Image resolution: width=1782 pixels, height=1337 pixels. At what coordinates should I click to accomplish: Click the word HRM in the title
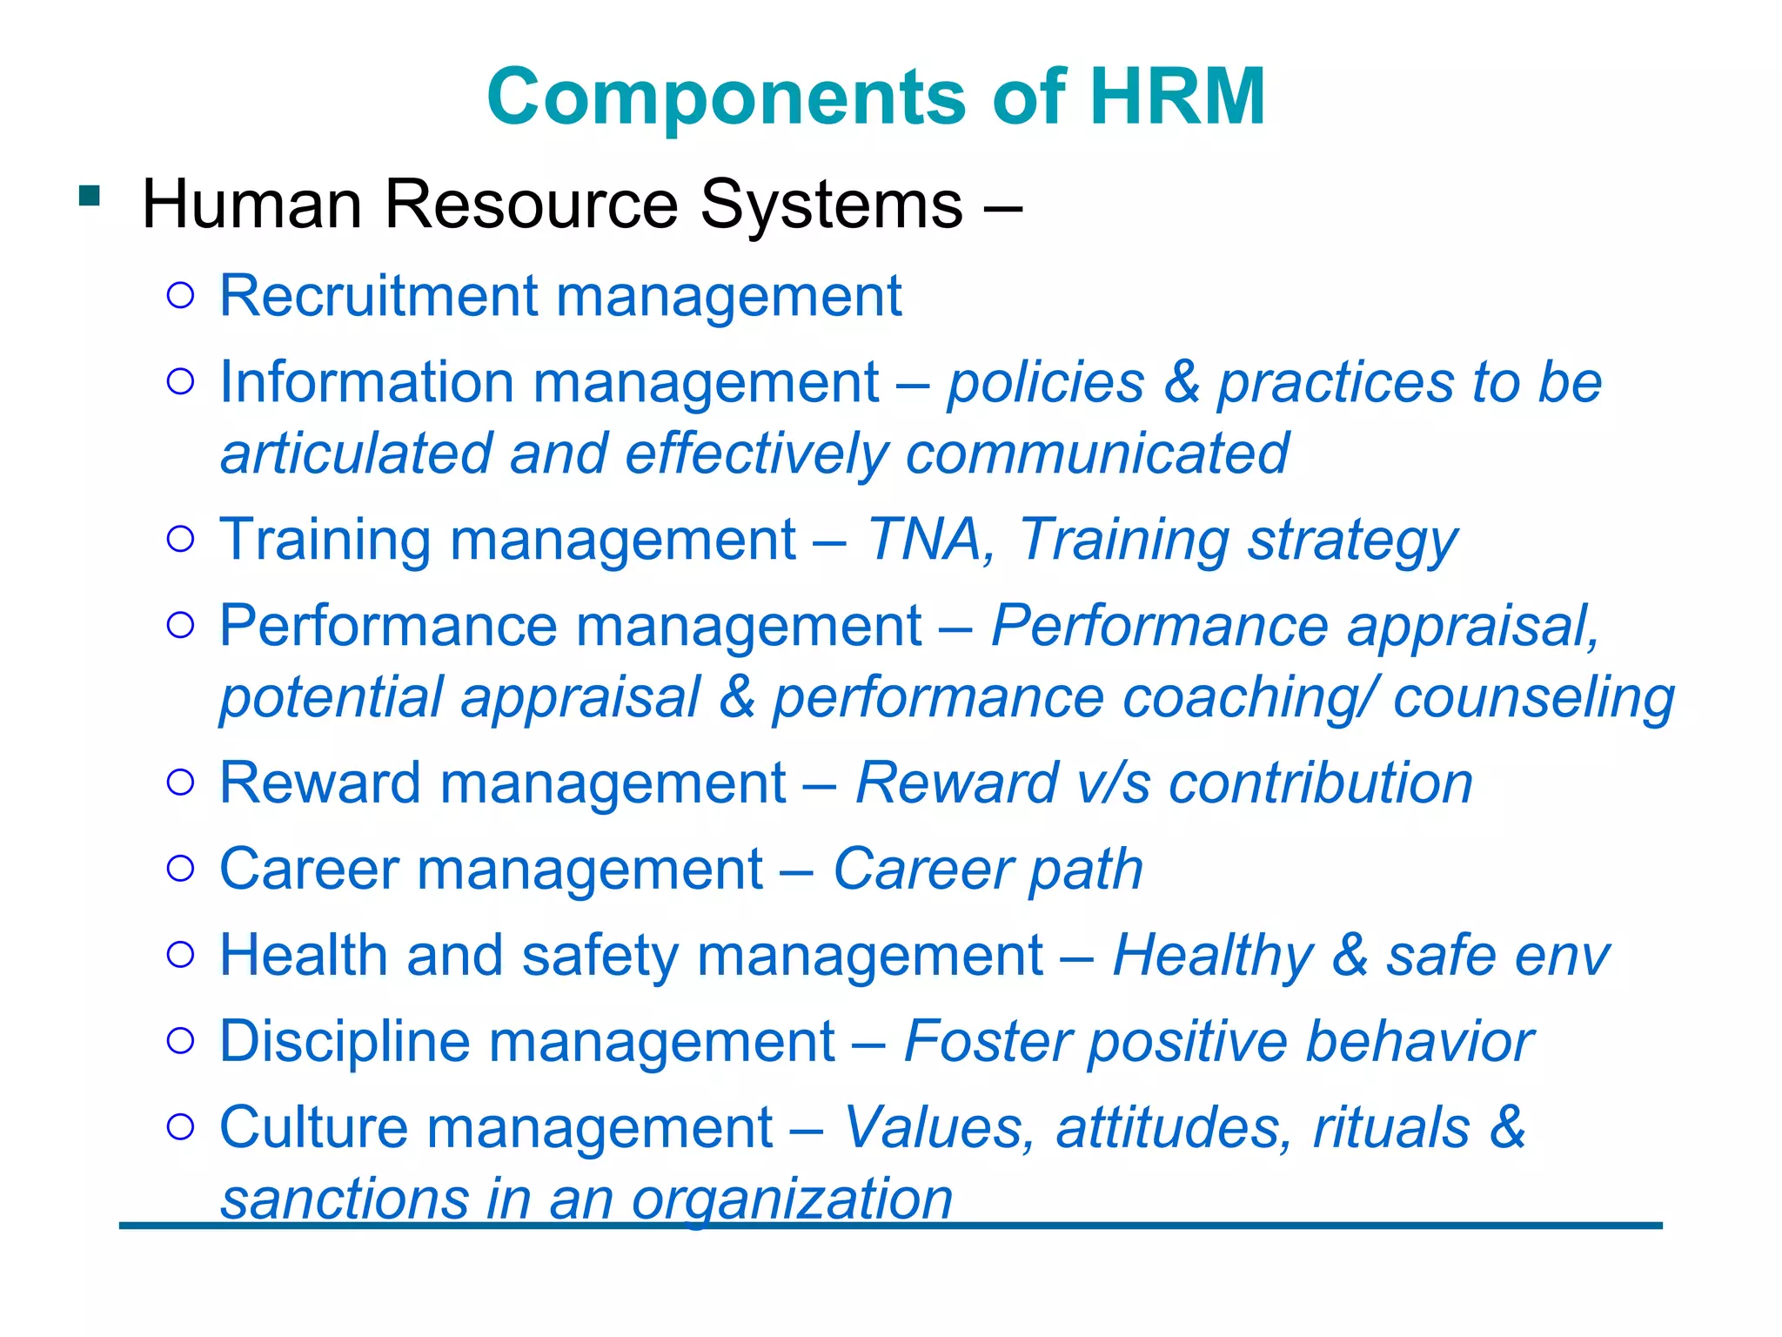tap(1177, 97)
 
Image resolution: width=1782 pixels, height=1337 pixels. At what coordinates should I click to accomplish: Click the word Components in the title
tap(727, 98)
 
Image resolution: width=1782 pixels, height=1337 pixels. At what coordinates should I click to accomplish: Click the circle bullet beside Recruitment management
tap(180, 296)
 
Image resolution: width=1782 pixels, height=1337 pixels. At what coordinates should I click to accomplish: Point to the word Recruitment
tap(379, 296)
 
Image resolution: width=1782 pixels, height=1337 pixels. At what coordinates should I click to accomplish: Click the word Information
tap(366, 382)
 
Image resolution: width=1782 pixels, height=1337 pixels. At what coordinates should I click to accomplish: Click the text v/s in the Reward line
tap(1113, 783)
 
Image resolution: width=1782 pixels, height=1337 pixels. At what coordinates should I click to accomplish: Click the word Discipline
tap(345, 1042)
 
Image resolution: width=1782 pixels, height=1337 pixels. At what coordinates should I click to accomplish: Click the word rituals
tap(1391, 1127)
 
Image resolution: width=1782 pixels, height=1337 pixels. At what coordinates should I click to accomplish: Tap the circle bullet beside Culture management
tap(180, 1127)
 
